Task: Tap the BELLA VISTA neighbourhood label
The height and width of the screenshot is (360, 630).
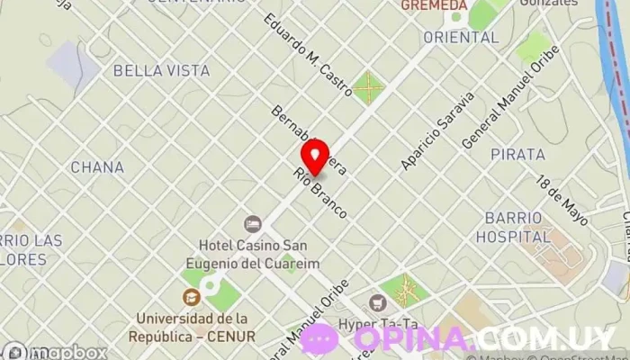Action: coord(161,70)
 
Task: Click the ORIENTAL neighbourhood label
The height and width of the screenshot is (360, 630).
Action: coord(460,38)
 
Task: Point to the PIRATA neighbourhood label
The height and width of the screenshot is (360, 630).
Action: coord(517,155)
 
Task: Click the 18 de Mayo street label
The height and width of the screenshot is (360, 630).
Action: coord(562,199)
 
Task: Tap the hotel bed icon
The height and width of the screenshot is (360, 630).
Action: coord(253,223)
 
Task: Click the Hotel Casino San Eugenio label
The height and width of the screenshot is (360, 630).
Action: coord(253,255)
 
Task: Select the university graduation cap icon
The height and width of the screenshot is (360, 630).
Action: coord(191,297)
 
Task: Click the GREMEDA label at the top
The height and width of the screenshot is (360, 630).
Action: coord(434,5)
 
